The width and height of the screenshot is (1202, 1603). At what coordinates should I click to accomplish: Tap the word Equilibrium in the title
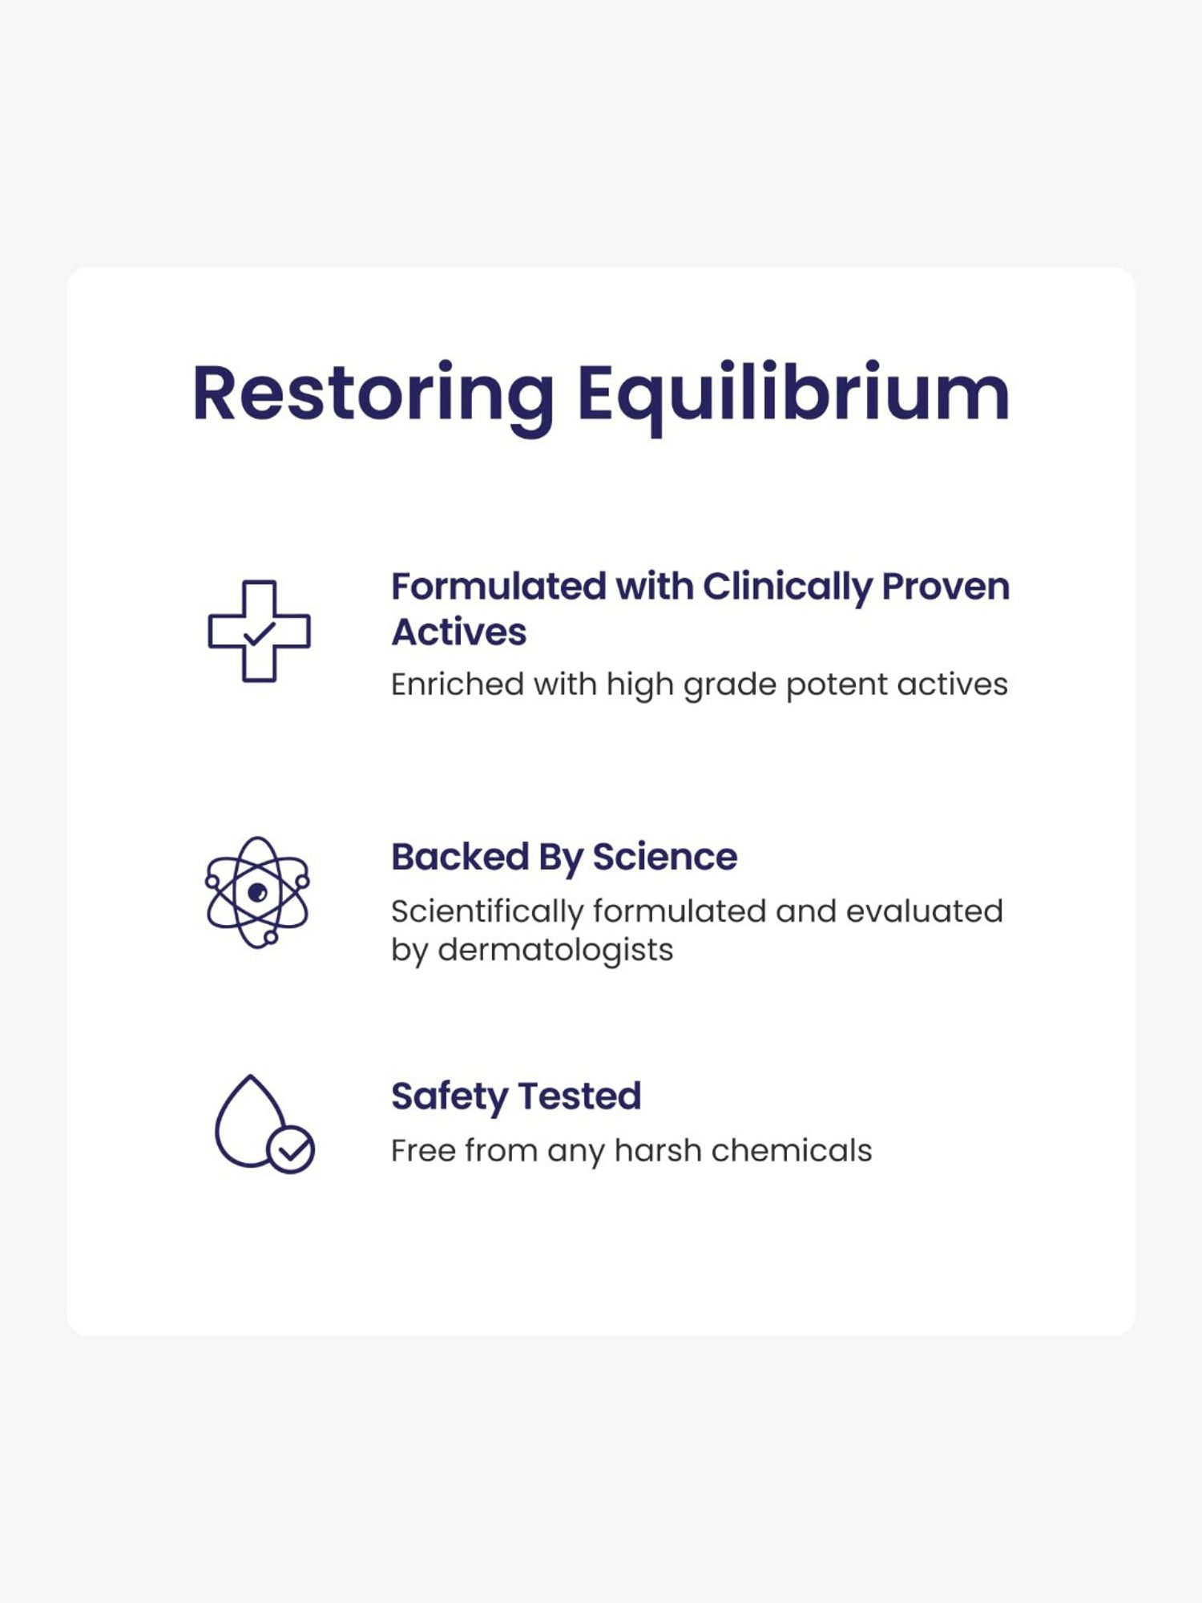pyautogui.click(x=793, y=394)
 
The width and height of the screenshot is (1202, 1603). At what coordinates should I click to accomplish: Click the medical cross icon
pyautogui.click(x=259, y=631)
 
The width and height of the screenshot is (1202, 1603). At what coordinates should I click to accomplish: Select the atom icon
pyautogui.click(x=257, y=892)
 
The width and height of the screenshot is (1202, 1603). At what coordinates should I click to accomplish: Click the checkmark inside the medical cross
pyautogui.click(x=259, y=634)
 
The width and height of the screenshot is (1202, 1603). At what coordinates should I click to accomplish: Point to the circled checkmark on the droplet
pyautogui.click(x=291, y=1150)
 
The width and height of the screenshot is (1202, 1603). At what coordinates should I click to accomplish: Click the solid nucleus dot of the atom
pyautogui.click(x=257, y=892)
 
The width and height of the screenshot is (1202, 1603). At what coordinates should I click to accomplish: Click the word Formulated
pyautogui.click(x=498, y=587)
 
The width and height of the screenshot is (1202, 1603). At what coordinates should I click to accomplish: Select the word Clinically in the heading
pyautogui.click(x=786, y=587)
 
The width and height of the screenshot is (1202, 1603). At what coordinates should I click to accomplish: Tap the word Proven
pyautogui.click(x=946, y=587)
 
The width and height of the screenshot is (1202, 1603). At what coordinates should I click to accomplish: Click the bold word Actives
pyautogui.click(x=458, y=632)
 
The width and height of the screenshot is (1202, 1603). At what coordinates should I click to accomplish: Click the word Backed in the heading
pyautogui.click(x=460, y=857)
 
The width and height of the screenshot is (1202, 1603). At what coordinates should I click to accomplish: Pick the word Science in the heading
pyautogui.click(x=664, y=857)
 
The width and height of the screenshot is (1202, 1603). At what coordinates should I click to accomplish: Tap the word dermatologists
pyautogui.click(x=555, y=951)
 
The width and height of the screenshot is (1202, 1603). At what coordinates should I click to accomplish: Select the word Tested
pyautogui.click(x=579, y=1096)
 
